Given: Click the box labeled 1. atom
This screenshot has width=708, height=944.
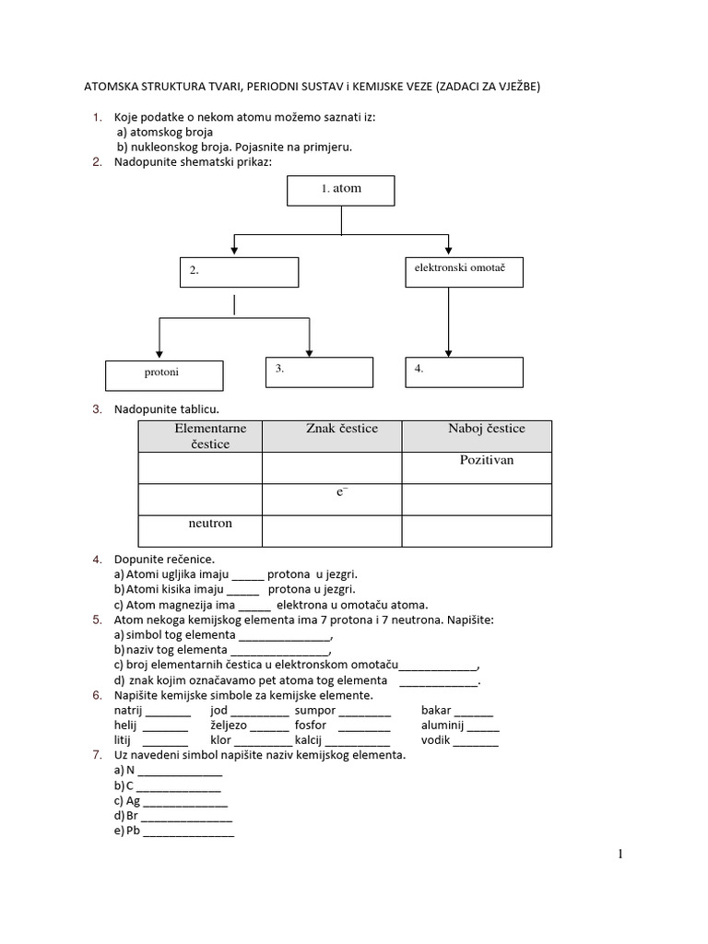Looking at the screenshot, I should click(x=341, y=189).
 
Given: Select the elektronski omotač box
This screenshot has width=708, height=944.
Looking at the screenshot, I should click(x=464, y=271).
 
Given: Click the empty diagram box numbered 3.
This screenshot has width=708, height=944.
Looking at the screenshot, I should click(x=319, y=371).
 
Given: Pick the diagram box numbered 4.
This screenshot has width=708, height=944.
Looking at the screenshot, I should click(x=464, y=372).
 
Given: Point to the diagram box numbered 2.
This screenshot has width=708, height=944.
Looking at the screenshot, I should click(x=239, y=272).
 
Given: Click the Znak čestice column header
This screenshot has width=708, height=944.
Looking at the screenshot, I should click(x=341, y=429).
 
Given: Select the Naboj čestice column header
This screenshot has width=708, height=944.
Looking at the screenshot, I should click(x=486, y=429).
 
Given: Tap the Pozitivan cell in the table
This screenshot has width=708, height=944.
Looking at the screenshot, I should click(x=486, y=460).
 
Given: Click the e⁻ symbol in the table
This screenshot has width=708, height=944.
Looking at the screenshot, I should click(x=340, y=493).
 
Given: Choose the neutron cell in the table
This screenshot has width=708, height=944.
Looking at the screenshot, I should click(x=210, y=524).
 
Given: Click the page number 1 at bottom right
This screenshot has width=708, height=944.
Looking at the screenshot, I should click(x=620, y=855).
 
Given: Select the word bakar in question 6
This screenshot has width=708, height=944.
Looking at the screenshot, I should click(x=436, y=711).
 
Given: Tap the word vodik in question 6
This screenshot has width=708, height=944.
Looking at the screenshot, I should click(x=437, y=740).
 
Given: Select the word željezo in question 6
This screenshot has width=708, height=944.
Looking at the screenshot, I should click(x=230, y=726).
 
